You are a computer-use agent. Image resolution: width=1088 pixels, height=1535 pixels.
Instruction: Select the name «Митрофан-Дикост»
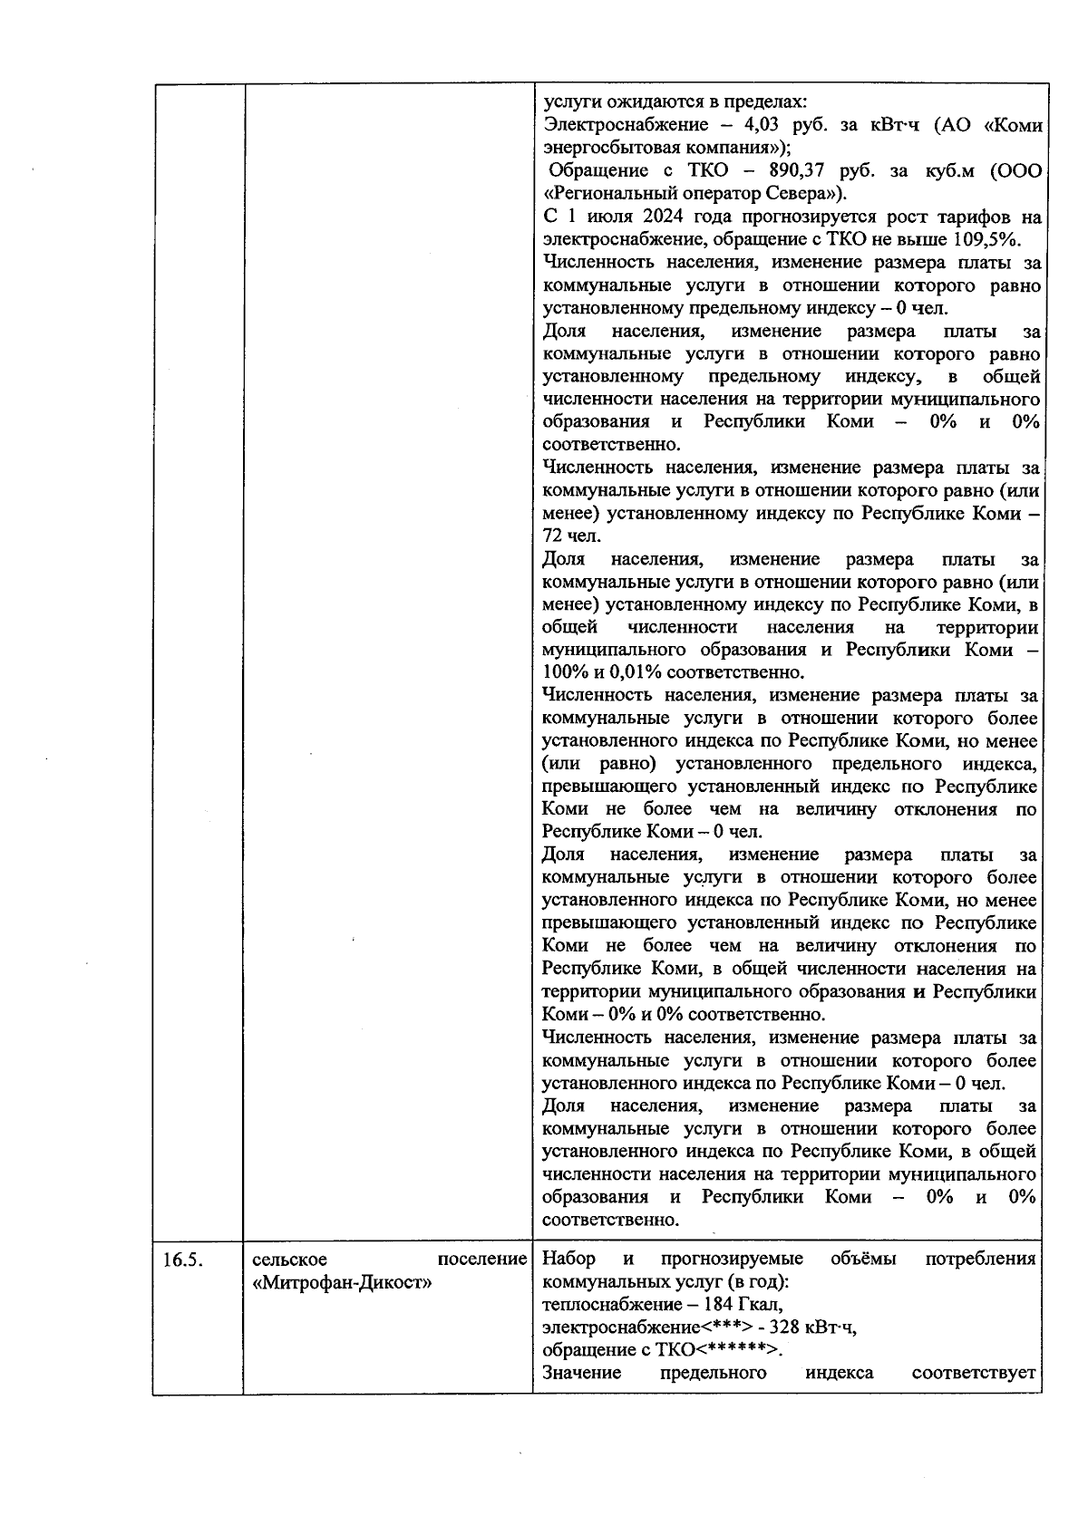click(340, 1282)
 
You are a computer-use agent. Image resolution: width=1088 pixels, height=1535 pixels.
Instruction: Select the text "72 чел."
click(565, 536)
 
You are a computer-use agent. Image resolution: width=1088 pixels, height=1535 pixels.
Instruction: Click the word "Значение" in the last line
click(581, 1373)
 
